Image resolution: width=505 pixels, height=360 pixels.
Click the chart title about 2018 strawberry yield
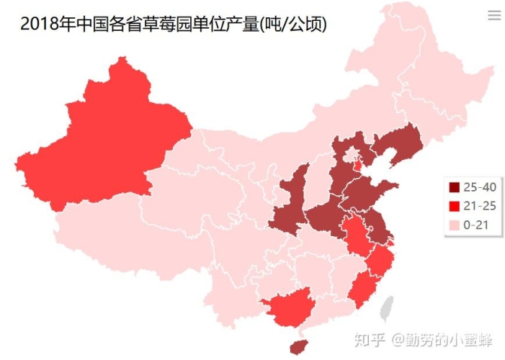[173, 24]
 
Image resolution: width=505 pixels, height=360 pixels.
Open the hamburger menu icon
[494, 16]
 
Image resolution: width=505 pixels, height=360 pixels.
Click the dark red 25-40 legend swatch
[454, 188]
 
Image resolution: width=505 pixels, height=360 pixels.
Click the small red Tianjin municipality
[358, 166]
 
